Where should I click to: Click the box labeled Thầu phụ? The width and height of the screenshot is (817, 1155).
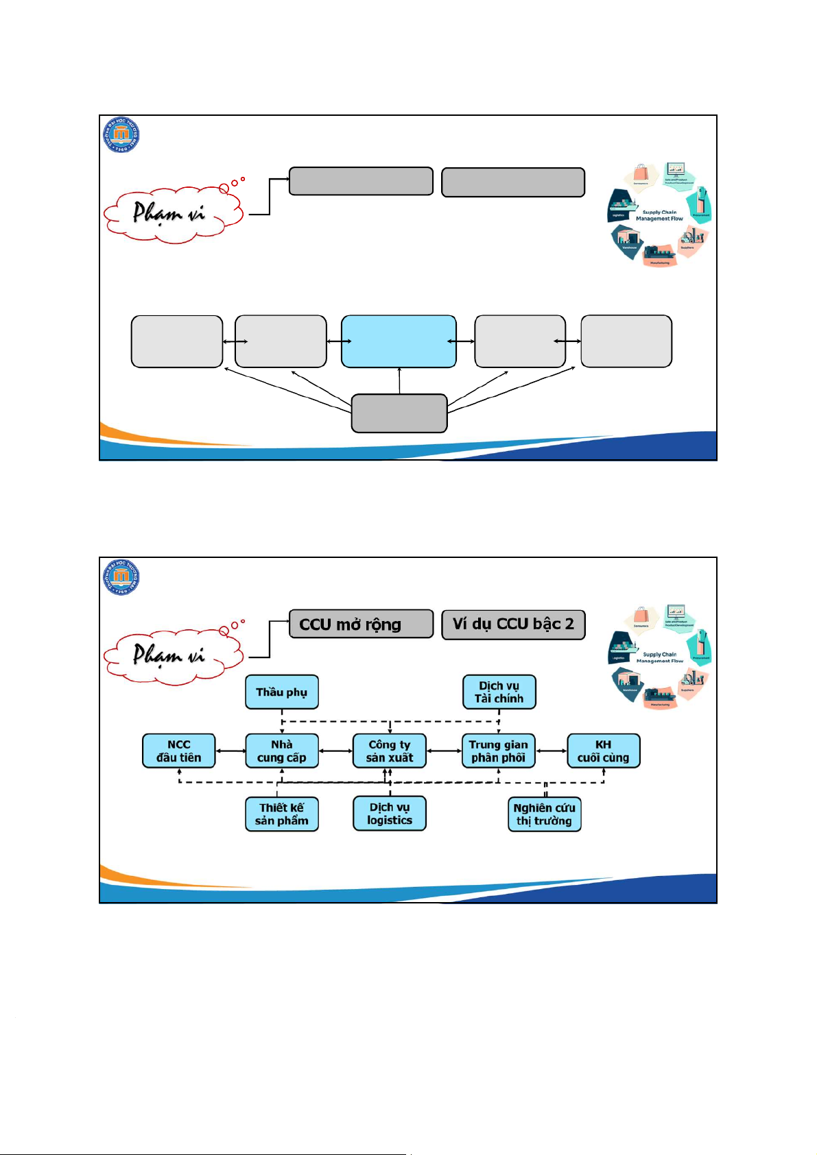(x=281, y=692)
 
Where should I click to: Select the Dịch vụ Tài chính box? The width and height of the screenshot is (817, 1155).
(x=499, y=692)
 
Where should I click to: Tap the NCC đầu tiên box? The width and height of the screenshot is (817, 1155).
(x=178, y=751)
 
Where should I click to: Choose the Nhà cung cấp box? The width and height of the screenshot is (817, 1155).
(x=281, y=751)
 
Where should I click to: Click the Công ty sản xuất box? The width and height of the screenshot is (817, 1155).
(x=389, y=751)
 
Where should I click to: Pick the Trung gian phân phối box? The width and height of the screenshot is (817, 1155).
(x=499, y=751)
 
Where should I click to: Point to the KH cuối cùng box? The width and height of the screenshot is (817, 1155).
(x=603, y=751)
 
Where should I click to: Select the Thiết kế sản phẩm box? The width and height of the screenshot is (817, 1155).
(x=281, y=814)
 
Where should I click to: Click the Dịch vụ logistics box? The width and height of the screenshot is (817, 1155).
(x=389, y=814)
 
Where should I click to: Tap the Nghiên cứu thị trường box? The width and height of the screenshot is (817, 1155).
(x=544, y=814)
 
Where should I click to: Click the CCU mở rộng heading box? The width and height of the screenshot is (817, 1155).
(x=361, y=624)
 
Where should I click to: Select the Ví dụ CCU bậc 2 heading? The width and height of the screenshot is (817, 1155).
(x=513, y=624)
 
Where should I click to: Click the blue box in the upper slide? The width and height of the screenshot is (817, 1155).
(x=399, y=341)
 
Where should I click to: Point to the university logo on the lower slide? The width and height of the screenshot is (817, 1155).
(x=121, y=576)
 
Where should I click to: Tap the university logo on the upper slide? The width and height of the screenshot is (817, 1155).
(x=121, y=134)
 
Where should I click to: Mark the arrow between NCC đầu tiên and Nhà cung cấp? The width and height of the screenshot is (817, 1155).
(x=230, y=751)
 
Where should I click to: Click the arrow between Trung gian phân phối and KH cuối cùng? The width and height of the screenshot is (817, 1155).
(x=552, y=751)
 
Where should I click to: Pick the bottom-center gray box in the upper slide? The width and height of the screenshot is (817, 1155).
(x=399, y=413)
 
